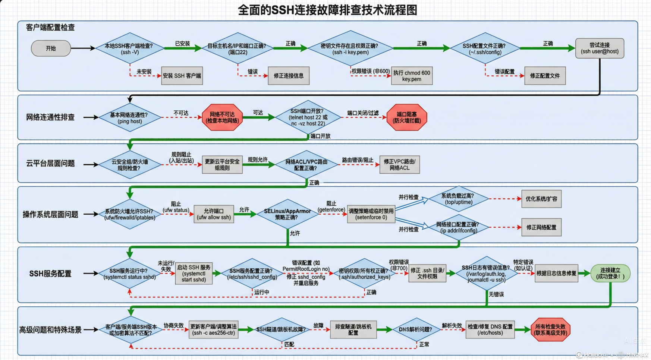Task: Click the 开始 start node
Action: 51,48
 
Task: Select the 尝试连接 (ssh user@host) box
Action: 600,48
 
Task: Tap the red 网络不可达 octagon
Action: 222,117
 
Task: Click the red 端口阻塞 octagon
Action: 407,117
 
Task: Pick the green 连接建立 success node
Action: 610,273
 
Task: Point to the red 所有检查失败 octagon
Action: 550,330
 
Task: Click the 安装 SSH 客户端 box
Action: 182,76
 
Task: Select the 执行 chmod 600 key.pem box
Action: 412,76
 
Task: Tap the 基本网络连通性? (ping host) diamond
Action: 130,118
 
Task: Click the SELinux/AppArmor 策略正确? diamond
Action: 287,214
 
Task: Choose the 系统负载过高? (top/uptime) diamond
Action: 458,199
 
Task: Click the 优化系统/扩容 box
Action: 541,199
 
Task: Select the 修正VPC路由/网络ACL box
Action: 399,165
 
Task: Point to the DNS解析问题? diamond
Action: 415,330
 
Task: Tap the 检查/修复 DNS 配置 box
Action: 490,330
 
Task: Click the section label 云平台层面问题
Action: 50,164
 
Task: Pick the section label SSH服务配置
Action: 50,274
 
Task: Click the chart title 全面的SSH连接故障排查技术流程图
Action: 327,10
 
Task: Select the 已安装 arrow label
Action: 182,44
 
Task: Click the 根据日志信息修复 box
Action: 556,274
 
